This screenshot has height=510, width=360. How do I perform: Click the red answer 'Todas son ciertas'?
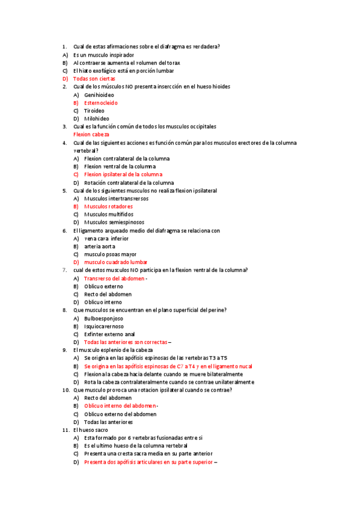click(x=94, y=79)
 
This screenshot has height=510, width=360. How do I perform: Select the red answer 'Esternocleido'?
click(x=101, y=103)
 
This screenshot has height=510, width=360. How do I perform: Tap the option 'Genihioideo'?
click(x=99, y=95)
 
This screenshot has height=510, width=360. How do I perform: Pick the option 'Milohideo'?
click(x=97, y=118)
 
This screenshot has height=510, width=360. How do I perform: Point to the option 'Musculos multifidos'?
click(x=109, y=214)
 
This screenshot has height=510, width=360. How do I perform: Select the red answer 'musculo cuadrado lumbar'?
click(x=116, y=262)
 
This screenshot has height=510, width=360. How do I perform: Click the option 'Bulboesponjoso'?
click(x=104, y=318)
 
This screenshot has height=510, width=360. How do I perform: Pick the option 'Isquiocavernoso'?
click(x=105, y=326)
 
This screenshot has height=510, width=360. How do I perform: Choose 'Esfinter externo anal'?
click(x=109, y=334)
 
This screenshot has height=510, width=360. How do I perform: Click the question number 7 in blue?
click(x=64, y=270)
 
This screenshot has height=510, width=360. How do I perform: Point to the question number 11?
click(x=66, y=430)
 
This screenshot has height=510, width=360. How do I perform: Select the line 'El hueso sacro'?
click(x=91, y=430)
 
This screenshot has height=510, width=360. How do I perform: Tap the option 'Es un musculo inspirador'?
click(x=103, y=55)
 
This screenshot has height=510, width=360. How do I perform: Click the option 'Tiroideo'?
click(x=94, y=111)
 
